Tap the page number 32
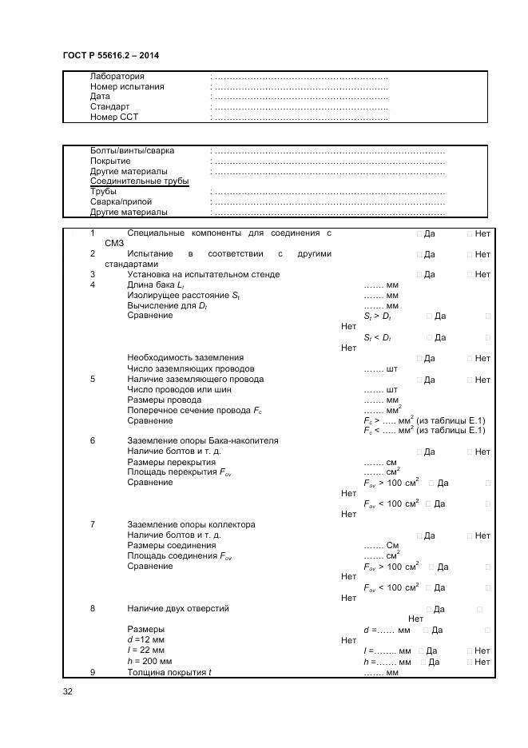[68, 691]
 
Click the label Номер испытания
[127, 86]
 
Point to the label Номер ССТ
[114, 117]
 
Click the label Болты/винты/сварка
[132, 150]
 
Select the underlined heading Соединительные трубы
[139, 181]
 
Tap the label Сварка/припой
[121, 202]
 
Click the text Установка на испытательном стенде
[203, 274]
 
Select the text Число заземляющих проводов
[190, 368]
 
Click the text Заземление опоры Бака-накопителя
[203, 440]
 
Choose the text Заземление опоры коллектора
[191, 524]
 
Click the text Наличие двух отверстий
[178, 608]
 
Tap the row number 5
[93, 379]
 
